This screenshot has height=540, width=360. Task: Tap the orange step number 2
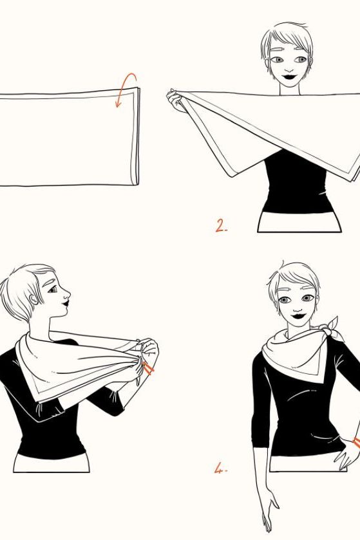click(x=221, y=226)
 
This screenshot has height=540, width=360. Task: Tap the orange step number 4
click(x=220, y=469)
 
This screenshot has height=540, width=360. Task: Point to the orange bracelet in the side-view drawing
click(x=148, y=368)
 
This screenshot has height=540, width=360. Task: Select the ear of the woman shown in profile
click(x=33, y=299)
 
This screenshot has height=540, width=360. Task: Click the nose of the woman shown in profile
click(x=67, y=294)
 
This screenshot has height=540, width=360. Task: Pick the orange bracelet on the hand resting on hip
click(x=356, y=443)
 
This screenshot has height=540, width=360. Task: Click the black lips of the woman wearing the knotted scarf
click(x=298, y=315)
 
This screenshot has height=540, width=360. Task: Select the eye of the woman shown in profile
click(x=52, y=290)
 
